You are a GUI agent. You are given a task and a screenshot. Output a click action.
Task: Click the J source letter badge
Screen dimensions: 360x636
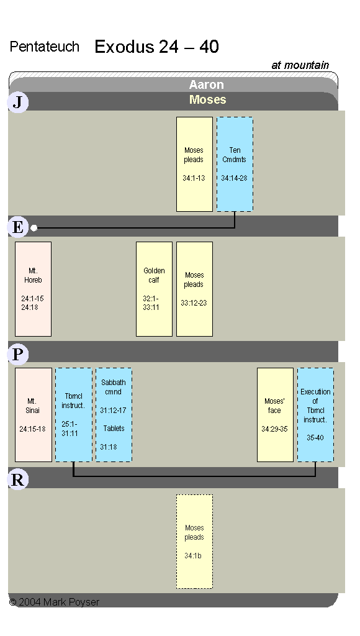18,102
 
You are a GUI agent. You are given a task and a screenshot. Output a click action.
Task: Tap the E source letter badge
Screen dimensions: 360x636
18,227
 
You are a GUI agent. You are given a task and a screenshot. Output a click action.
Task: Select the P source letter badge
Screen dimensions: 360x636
18,354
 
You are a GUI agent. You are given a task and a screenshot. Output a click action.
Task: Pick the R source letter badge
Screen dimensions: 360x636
18,479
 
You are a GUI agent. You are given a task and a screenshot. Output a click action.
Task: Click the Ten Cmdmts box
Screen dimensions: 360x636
235,164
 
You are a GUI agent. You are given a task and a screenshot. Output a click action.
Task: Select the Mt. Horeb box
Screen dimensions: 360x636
34,289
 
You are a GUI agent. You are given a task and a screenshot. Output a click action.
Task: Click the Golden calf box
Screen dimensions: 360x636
154,289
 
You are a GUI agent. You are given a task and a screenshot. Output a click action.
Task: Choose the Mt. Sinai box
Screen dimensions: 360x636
34,414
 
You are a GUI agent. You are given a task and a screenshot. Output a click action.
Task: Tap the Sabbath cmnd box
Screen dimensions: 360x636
114,414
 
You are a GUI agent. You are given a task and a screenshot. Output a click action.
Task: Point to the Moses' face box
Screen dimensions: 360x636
275,414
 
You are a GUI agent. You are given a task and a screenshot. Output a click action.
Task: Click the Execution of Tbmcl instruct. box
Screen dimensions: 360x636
315,414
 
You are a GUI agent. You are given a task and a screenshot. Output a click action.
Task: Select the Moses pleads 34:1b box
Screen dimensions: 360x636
195,542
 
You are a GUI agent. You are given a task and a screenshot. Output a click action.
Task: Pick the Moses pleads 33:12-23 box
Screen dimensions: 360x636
195,289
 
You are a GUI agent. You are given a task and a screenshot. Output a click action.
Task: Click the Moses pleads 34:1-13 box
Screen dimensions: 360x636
195,164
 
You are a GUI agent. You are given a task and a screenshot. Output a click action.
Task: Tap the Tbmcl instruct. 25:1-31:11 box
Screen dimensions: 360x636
74,414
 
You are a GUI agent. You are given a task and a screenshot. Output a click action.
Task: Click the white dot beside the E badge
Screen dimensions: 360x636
34,228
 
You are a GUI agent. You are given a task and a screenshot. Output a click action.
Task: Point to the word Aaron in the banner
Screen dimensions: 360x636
206,84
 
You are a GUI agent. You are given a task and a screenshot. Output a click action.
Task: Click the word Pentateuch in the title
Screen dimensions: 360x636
45,47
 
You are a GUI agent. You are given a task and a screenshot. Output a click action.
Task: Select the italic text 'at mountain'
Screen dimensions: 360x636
300,65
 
